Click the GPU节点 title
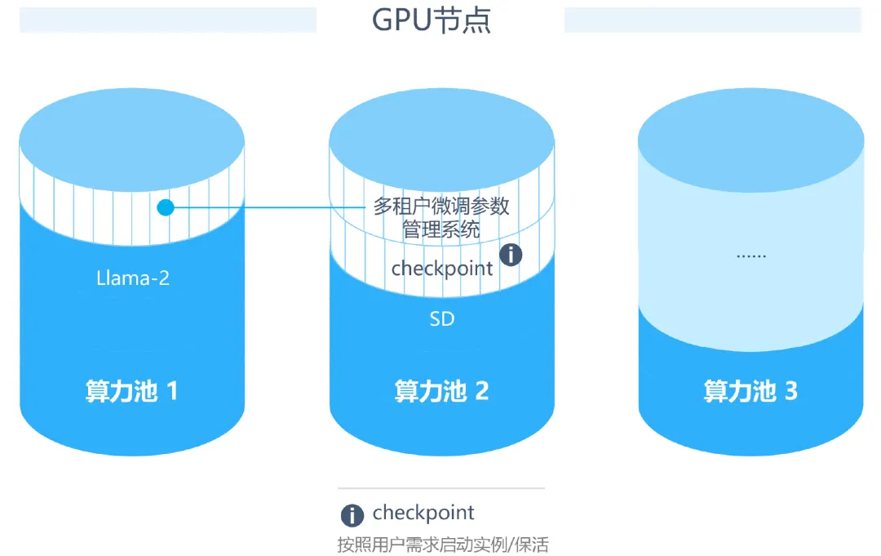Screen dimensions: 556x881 [432, 20]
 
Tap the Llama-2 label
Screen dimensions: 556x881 [132, 278]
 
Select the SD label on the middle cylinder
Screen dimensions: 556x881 [441, 319]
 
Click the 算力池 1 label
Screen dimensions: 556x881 [132, 391]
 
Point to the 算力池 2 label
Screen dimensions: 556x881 [441, 391]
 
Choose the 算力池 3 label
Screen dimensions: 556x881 [750, 391]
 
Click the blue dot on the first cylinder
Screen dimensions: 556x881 [166, 207]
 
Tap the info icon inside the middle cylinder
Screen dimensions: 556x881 [511, 255]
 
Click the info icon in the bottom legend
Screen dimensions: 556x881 [352, 515]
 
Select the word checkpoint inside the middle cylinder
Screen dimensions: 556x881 [442, 268]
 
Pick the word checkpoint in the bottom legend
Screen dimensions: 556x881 [423, 513]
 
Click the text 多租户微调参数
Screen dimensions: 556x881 [441, 206]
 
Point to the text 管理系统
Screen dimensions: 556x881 [441, 229]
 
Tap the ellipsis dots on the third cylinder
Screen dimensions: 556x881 [750, 255]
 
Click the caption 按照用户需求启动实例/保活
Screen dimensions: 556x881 [443, 545]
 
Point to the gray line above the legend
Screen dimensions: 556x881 [441, 488]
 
